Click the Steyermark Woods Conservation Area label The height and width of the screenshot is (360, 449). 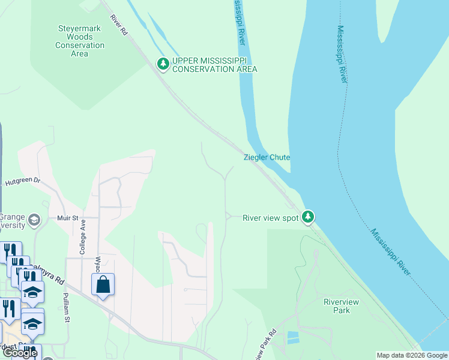pyautogui.click(x=80, y=41)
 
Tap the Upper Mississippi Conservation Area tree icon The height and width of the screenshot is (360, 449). pyautogui.click(x=163, y=64)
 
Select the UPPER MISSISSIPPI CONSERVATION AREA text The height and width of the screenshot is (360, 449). pyautogui.click(x=214, y=65)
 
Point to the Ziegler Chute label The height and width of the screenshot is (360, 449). pyautogui.click(x=267, y=157)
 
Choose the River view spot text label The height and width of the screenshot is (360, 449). pyautogui.click(x=270, y=218)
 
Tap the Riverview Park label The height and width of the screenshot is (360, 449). pyautogui.click(x=336, y=306)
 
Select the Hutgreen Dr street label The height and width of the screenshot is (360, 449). pyautogui.click(x=22, y=181)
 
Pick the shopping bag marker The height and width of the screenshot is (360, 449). pyautogui.click(x=103, y=284)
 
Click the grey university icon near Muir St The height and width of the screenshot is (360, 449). pyautogui.click(x=34, y=220)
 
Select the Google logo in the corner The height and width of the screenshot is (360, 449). pyautogui.click(x=19, y=353)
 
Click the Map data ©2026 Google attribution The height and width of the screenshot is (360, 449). pyautogui.click(x=412, y=355)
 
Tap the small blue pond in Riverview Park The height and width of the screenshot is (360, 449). pyautogui.click(x=293, y=337)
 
